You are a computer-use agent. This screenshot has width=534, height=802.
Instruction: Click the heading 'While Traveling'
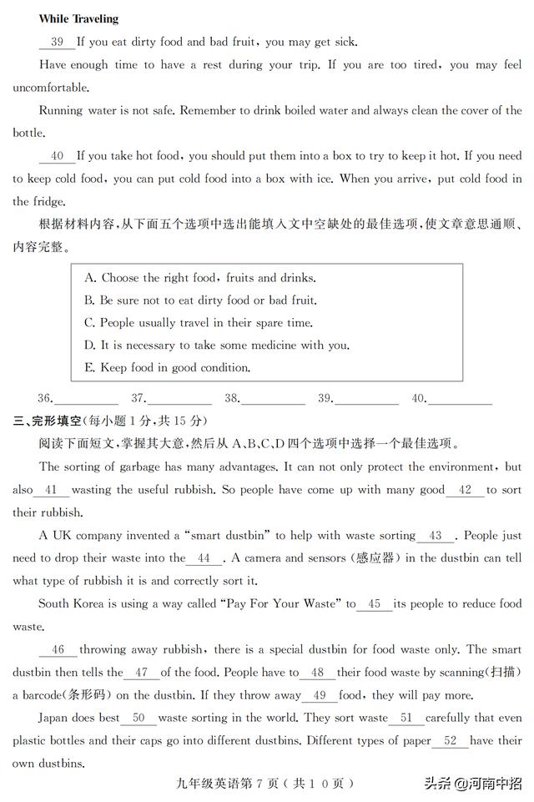coord(78,18)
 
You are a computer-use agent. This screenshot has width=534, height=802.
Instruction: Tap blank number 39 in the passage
coord(57,42)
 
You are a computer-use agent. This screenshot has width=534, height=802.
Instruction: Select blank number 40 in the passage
coord(57,156)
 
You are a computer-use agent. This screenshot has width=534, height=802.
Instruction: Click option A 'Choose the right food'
coord(200,278)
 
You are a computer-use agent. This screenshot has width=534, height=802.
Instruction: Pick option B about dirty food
coord(200,300)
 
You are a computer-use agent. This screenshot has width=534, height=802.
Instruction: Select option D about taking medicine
coord(217,346)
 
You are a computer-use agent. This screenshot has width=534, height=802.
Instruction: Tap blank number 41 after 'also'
coord(52,491)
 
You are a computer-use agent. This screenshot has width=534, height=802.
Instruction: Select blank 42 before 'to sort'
coord(465,491)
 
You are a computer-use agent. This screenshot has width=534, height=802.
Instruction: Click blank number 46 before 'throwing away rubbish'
coord(58,650)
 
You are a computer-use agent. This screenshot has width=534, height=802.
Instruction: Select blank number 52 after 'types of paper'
coord(451,741)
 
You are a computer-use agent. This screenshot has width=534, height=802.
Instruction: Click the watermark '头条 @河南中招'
coord(474,784)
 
